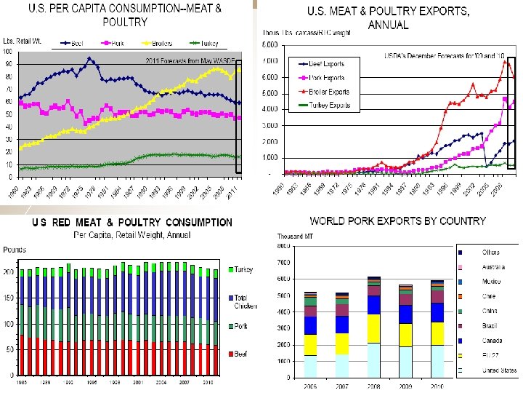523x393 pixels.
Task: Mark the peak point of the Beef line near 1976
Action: point(89,58)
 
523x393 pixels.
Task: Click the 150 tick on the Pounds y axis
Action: point(9,298)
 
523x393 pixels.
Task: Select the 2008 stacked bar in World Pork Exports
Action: point(373,327)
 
